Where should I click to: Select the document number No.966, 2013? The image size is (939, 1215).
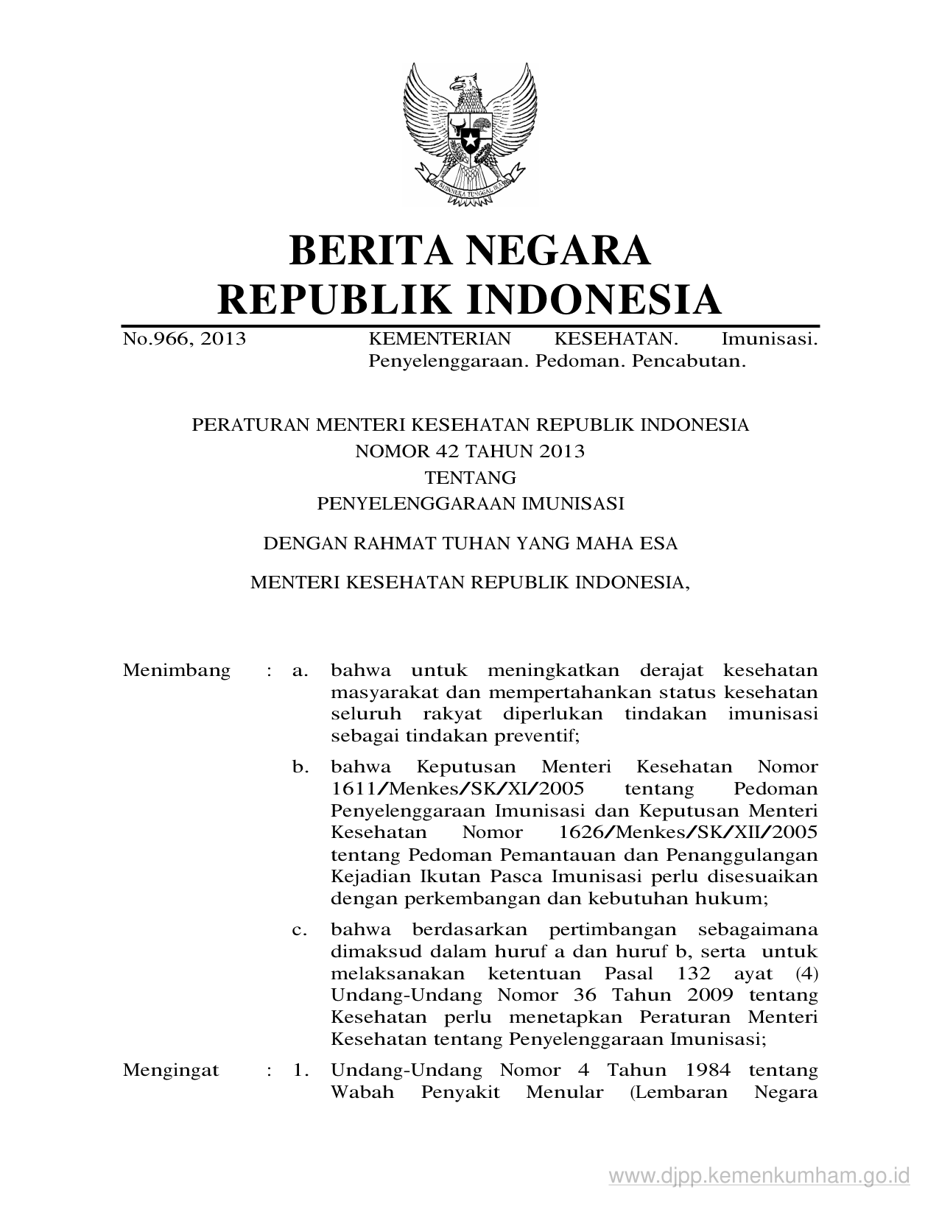point(184,339)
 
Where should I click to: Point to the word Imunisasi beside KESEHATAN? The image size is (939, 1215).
point(770,339)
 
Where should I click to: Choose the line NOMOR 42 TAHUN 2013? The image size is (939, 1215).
point(470,451)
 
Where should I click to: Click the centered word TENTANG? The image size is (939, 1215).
point(471,478)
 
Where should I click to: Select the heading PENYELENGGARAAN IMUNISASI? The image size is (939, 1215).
point(470,504)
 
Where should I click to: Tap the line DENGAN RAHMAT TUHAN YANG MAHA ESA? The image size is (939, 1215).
point(470,544)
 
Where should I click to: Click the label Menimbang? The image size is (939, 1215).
point(177,671)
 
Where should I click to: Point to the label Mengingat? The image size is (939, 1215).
point(171,1070)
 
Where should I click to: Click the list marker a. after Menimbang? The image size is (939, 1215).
point(300,671)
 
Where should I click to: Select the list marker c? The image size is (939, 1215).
point(300,930)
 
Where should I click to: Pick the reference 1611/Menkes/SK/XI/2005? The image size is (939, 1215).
point(457,789)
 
